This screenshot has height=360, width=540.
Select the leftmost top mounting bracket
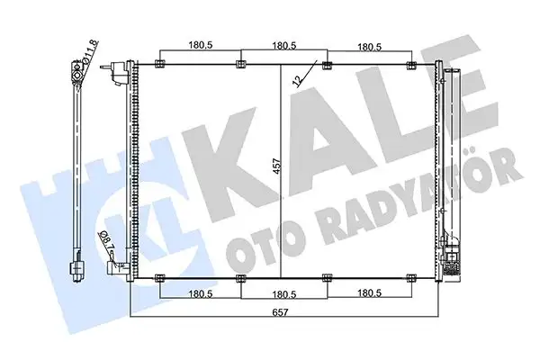pyautogui.click(x=159, y=63)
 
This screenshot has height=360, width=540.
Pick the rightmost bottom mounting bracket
pyautogui.click(x=410, y=277)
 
